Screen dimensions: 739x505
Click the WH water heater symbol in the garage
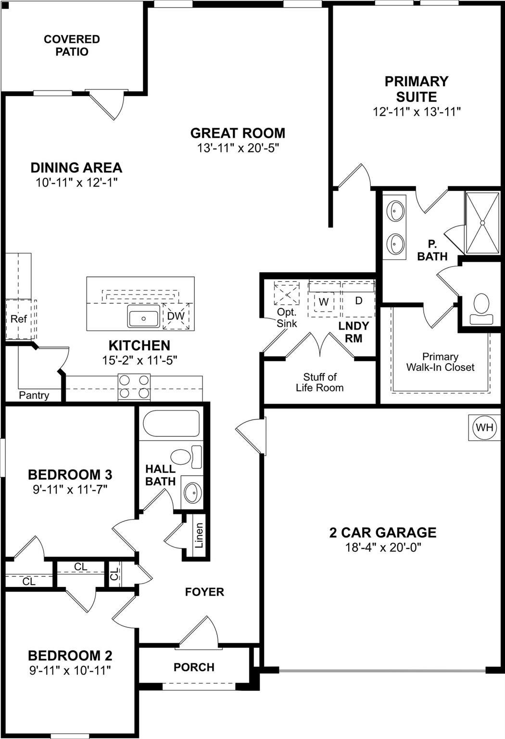coord(484,427)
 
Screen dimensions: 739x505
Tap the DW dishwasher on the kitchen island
coord(176,316)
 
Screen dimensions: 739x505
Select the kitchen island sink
coord(143,318)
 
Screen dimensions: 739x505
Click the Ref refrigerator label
coord(19,319)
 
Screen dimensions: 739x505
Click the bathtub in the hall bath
coord(171,423)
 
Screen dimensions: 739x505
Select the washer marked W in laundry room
coord(324,302)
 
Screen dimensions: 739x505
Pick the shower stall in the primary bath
coord(482,223)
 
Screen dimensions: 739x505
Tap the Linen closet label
coord(199,535)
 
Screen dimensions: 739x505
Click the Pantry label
coord(34,395)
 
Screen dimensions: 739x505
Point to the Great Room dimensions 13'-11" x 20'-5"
coord(238,148)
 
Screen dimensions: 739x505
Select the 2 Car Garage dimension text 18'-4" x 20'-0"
coord(383,548)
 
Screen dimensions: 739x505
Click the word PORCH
coord(194,667)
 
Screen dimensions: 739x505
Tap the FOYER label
coord(204,592)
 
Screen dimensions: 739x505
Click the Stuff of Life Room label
coord(320,382)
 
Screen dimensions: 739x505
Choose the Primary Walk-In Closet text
coord(440,362)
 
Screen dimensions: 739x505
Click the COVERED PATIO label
coord(72,45)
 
